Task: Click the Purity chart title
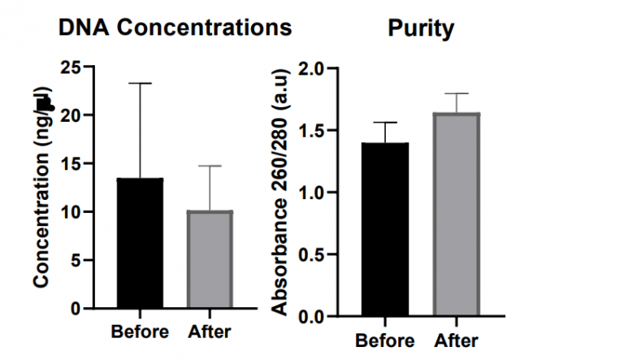pyautogui.click(x=420, y=29)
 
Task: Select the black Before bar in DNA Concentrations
pyautogui.click(x=140, y=244)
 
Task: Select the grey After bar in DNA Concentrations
pyautogui.click(x=210, y=260)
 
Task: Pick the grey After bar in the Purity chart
pyautogui.click(x=457, y=215)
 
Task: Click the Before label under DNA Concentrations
pyautogui.click(x=140, y=332)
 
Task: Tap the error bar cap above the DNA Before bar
pyautogui.click(x=140, y=83)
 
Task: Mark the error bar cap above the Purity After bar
pyautogui.click(x=457, y=93)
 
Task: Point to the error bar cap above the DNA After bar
pyautogui.click(x=210, y=166)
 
